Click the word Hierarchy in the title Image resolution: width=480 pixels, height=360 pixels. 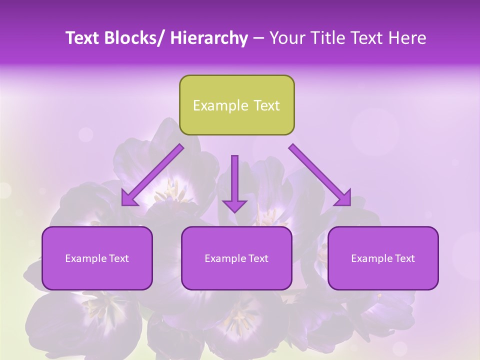[x=209, y=38]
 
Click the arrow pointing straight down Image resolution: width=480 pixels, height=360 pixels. [x=234, y=180]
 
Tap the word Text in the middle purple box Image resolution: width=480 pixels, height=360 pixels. [x=257, y=258]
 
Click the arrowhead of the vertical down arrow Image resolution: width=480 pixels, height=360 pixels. [x=234, y=205]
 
